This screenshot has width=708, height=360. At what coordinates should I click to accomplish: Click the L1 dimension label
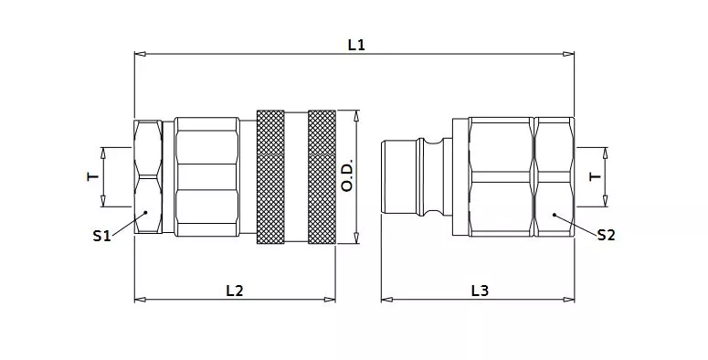coord(356,45)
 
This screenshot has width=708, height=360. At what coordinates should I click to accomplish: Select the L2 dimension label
coord(235,291)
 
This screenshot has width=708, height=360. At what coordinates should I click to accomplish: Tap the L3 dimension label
coord(480,291)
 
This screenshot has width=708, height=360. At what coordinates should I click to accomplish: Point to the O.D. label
coord(347,175)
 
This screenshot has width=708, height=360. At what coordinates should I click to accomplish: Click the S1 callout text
coord(101,236)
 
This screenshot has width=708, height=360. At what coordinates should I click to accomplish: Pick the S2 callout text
coord(606,235)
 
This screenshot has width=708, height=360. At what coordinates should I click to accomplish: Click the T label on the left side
coord(92,176)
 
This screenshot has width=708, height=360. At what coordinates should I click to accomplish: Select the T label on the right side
coord(596,176)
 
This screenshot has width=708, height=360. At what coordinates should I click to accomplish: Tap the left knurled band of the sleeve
coord(270,177)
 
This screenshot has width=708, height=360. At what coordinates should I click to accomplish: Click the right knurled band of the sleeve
coord(322,177)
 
